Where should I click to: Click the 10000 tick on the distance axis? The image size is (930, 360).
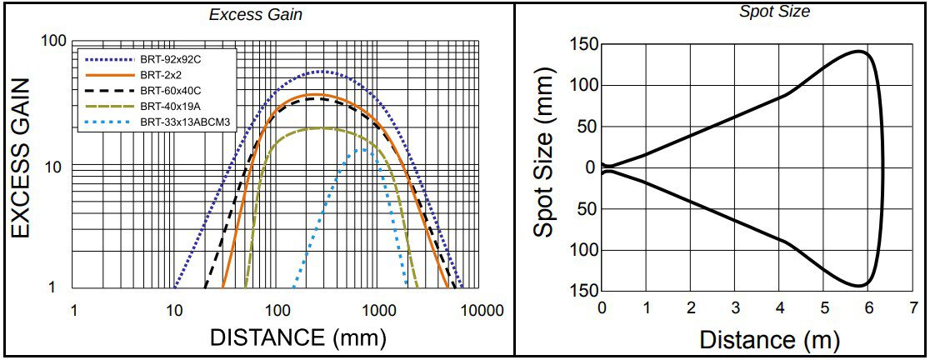(480, 311)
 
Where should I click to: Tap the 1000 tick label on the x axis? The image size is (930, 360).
(378, 311)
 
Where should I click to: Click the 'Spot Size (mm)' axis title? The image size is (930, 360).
(545, 166)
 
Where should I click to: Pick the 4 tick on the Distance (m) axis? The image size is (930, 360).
(779, 307)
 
